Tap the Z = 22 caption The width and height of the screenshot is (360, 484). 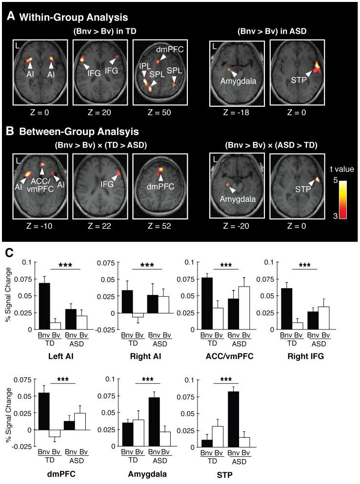100,225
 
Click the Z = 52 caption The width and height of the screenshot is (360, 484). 160,225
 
